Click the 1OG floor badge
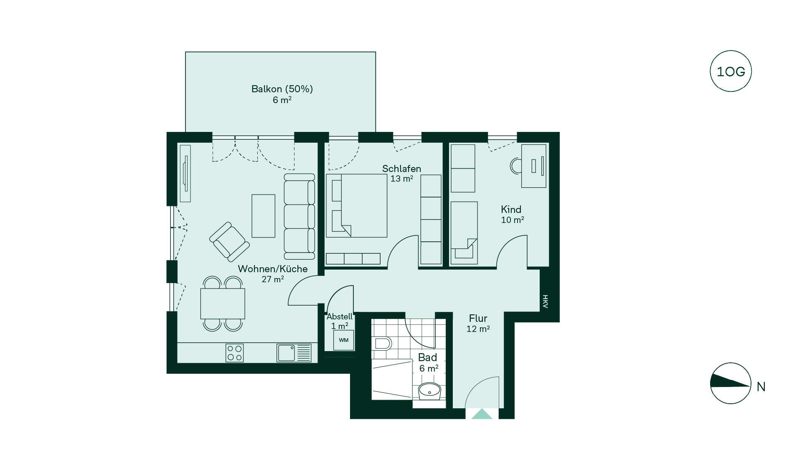click(x=731, y=71)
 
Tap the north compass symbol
click(x=731, y=383)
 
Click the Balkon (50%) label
click(x=282, y=89)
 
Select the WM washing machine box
click(x=343, y=340)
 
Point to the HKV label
click(x=545, y=301)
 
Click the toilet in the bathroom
click(x=381, y=343)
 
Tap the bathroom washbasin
click(x=429, y=392)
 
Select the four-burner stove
click(x=234, y=353)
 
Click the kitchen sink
click(x=294, y=353)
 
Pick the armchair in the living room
click(x=229, y=242)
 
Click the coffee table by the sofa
click(x=263, y=216)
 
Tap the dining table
click(x=223, y=304)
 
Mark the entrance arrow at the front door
click(x=482, y=414)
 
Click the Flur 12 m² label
click(x=478, y=324)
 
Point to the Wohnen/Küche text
click(x=273, y=269)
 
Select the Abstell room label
click(x=340, y=321)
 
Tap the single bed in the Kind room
click(x=464, y=233)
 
